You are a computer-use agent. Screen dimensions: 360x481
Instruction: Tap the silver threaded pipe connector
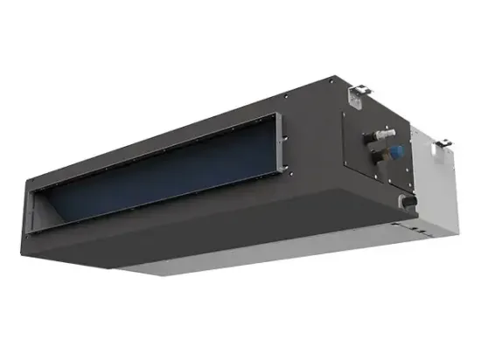(386, 135)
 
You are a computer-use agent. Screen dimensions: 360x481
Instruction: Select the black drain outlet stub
(408, 201)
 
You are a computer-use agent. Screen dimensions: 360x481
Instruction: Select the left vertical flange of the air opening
(32, 213)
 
